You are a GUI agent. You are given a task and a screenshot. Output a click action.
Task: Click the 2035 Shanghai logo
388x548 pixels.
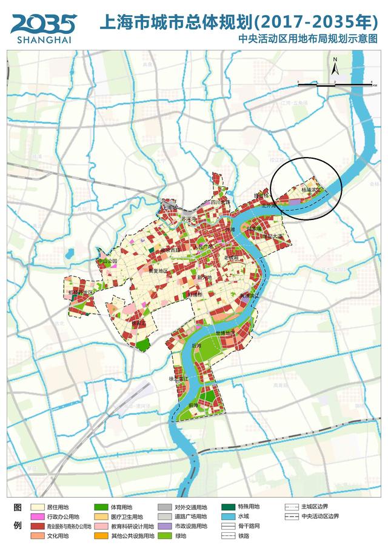[43, 27]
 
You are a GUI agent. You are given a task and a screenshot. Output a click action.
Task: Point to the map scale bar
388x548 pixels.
[334, 84]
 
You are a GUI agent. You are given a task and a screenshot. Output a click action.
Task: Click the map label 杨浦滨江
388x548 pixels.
[313, 190]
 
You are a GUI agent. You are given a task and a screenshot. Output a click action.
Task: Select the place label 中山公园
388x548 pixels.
[107, 261]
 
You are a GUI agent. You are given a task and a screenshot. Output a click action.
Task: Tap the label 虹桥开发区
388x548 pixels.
[81, 292]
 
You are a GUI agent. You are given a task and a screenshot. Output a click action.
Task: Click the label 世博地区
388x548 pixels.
[226, 333]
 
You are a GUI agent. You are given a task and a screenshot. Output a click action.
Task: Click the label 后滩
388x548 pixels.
[196, 346]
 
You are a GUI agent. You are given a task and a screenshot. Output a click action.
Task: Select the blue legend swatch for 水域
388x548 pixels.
[228, 517]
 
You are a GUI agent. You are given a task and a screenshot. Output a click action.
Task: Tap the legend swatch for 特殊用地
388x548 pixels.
[228, 507]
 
